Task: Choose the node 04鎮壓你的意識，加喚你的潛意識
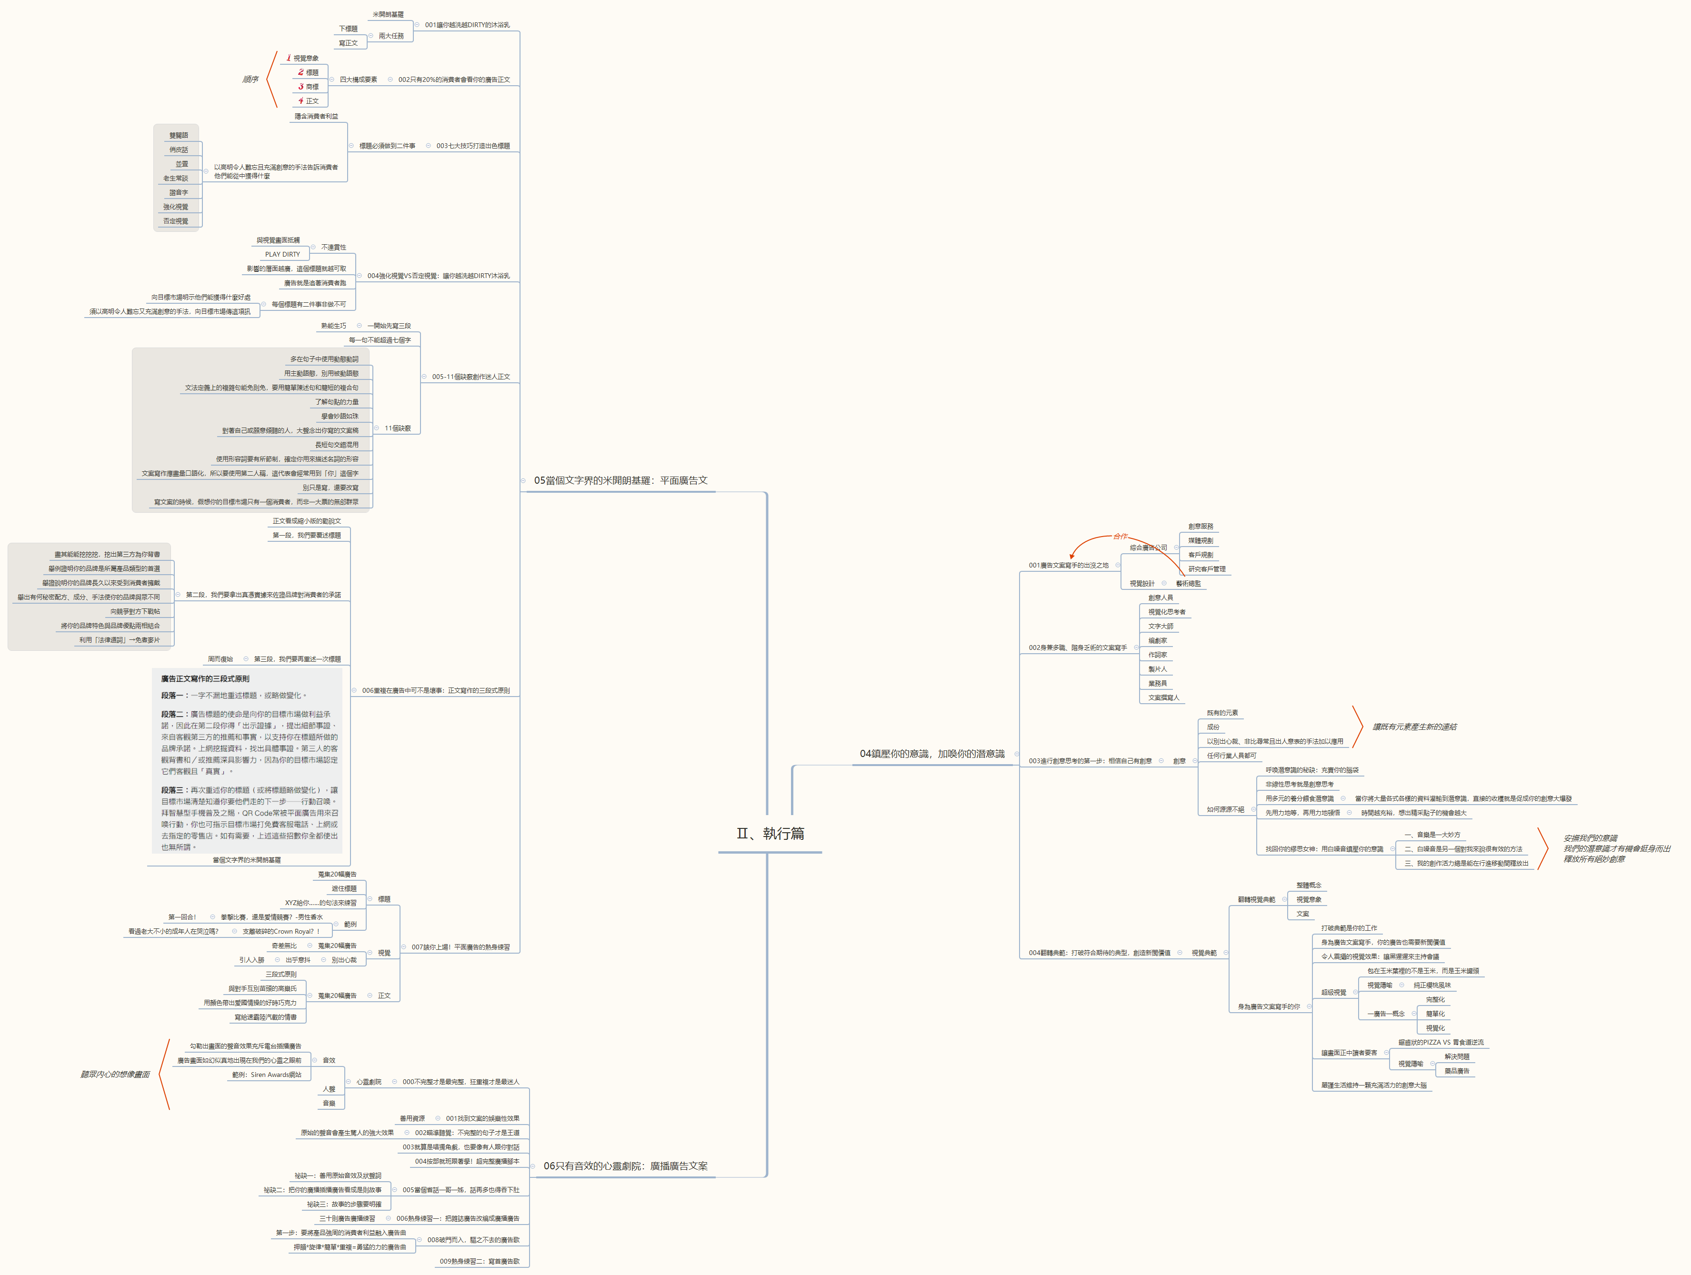tap(932, 754)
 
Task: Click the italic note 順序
tap(250, 80)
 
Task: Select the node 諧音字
tap(178, 193)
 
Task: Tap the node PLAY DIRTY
tap(282, 255)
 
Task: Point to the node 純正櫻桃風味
tap(1432, 986)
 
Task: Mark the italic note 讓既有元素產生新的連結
tap(1414, 727)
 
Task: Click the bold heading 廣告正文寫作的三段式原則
tap(205, 679)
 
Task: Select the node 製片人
tap(1157, 669)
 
